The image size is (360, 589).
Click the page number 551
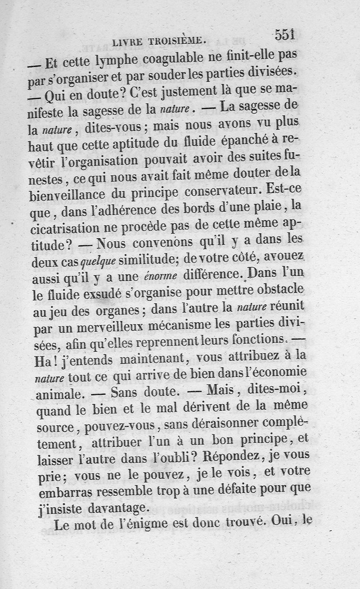click(284, 35)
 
